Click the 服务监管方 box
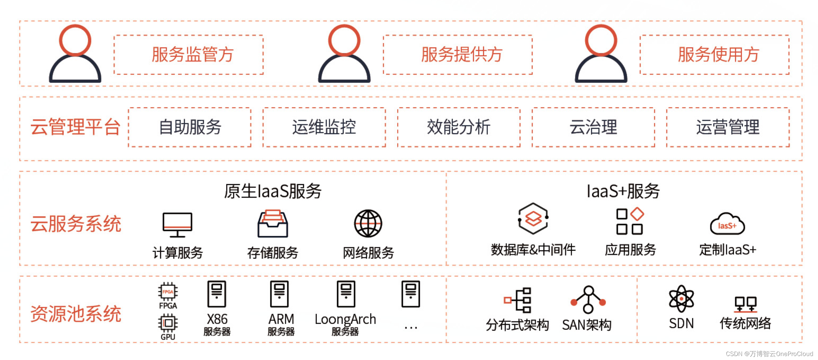[188, 54]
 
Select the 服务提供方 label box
[458, 54]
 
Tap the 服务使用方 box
[714, 54]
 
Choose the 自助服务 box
[189, 127]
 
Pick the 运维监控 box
[324, 127]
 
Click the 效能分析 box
[459, 127]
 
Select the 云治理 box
[593, 127]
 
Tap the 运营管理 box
[728, 127]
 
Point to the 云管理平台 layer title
[75, 127]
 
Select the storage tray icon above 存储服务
[273, 224]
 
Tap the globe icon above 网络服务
[368, 224]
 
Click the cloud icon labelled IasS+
[727, 225]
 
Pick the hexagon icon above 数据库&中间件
[533, 219]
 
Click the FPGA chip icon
[168, 292]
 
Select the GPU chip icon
[168, 323]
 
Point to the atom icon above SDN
[681, 299]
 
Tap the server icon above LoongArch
[346, 294]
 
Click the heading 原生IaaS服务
[273, 191]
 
